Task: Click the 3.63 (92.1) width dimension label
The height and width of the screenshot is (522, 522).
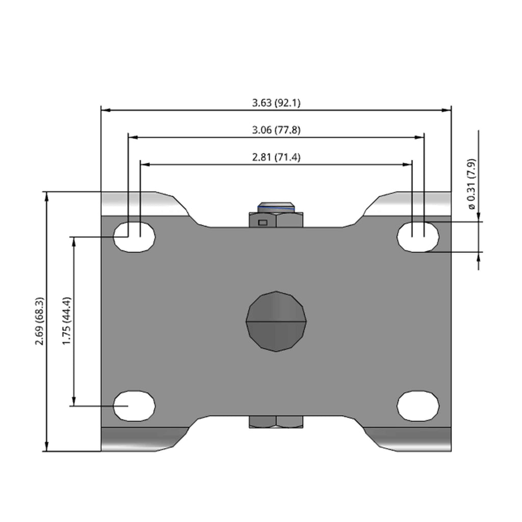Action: pos(276,103)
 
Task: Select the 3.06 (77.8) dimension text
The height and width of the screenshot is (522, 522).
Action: pos(276,130)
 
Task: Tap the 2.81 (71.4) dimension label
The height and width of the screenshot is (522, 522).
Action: pos(276,157)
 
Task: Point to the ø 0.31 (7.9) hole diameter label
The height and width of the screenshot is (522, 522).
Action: pos(472,184)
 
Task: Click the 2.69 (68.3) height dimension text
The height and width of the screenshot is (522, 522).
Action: pos(40,321)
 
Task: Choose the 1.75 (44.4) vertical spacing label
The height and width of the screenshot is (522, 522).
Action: pos(67,321)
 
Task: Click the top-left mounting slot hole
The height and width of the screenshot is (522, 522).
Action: pos(134,237)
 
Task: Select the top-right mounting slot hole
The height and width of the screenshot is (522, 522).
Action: pos(418,237)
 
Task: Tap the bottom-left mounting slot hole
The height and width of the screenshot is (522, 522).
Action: pos(134,406)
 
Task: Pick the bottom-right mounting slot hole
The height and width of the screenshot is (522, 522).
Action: pos(418,406)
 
